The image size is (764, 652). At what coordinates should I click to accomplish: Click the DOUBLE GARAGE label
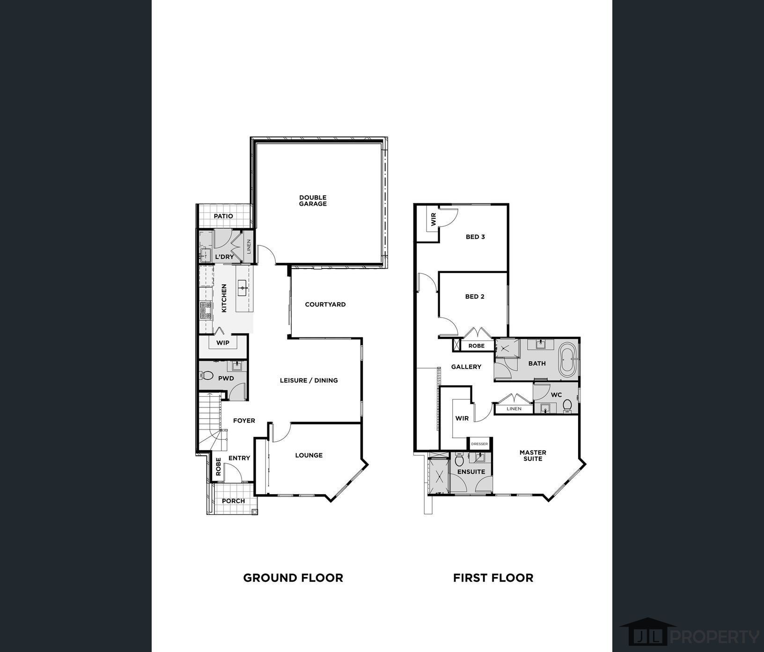[313, 200]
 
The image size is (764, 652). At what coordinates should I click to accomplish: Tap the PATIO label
[223, 216]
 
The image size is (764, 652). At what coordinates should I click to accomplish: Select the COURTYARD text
[325, 304]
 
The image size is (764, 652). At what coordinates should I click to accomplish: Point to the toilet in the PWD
[206, 375]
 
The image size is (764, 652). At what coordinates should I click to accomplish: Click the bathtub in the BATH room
[568, 359]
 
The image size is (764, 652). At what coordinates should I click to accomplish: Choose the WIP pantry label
[223, 343]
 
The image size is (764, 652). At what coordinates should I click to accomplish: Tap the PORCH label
[233, 501]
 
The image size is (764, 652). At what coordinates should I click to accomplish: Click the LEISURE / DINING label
[309, 380]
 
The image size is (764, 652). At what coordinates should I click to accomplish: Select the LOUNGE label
[309, 455]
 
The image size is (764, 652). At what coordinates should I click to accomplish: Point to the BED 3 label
[475, 237]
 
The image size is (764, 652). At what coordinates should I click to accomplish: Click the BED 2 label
[475, 296]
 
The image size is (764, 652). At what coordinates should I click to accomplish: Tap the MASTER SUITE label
[533, 455]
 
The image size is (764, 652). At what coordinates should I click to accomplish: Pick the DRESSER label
[479, 444]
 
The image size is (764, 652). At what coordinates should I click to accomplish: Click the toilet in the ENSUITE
[459, 460]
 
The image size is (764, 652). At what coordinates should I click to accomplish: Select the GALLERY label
[466, 367]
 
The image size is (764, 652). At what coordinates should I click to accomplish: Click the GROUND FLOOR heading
[293, 578]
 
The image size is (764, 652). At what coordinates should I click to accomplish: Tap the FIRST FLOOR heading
[493, 578]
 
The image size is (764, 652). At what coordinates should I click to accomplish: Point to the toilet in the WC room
[567, 405]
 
